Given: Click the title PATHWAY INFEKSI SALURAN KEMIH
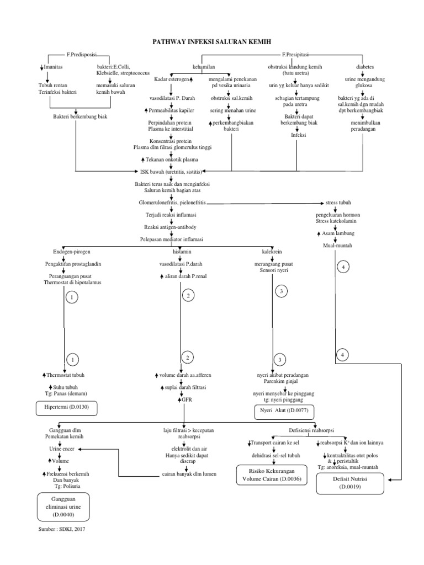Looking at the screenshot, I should click(211, 42).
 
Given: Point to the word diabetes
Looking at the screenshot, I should click(364, 66).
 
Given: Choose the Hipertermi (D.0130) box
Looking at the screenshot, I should click(73, 408).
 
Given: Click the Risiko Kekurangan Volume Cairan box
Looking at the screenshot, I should click(271, 475).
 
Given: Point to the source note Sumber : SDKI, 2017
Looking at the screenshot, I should click(62, 529).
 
